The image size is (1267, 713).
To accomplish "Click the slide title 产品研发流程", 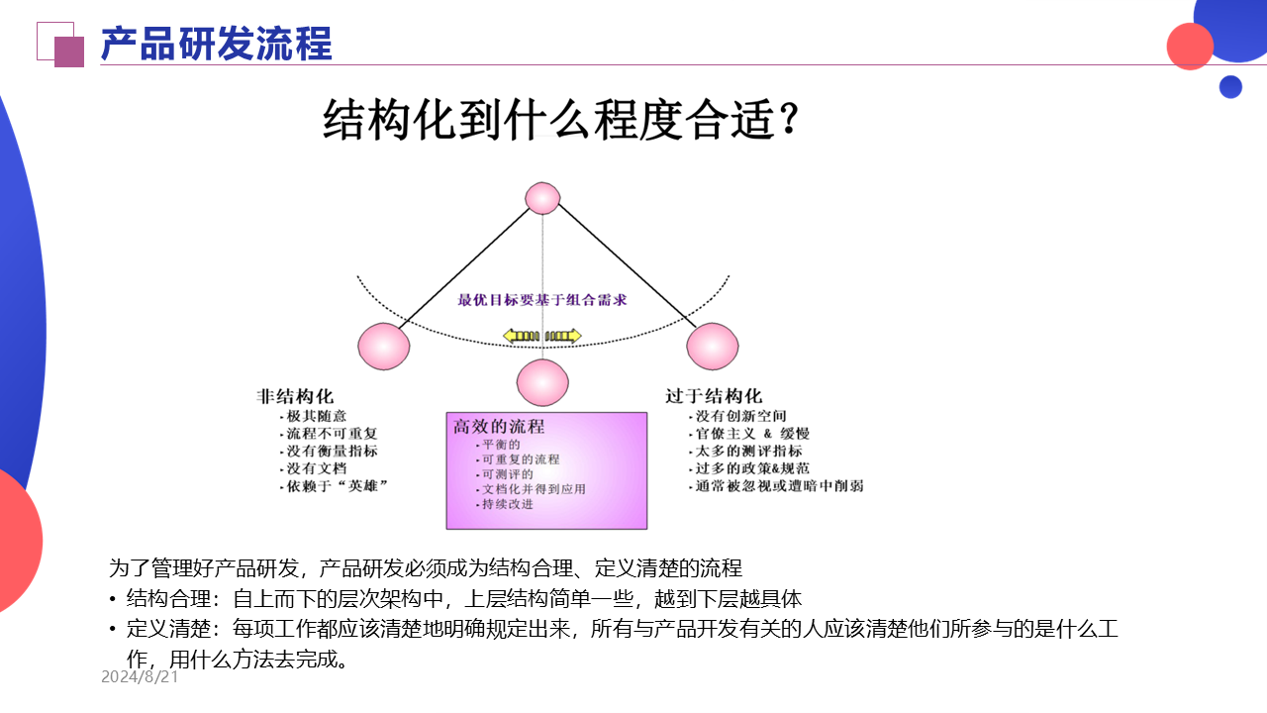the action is tap(217, 45).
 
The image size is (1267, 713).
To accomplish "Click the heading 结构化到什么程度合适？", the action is tap(560, 123).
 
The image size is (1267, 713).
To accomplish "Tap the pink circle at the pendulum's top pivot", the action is tap(542, 198).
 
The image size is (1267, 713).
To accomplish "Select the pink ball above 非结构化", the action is tap(383, 347).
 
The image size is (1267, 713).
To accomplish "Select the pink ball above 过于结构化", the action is tap(713, 347).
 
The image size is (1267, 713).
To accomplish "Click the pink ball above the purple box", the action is tap(543, 382).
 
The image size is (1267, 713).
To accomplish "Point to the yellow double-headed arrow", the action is tap(541, 336).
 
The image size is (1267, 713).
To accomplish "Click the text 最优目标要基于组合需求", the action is tap(542, 300).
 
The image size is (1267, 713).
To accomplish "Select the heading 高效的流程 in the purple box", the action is tap(499, 427).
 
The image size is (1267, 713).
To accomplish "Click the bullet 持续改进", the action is tap(507, 504).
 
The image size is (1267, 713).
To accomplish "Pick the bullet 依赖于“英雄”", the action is tap(337, 486).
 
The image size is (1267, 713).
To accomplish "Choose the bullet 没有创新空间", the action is tap(740, 416).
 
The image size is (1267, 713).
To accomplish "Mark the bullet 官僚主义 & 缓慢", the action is tap(752, 434).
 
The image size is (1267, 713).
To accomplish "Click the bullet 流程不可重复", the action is tap(332, 434).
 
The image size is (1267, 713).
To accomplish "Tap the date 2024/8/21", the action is tap(140, 677).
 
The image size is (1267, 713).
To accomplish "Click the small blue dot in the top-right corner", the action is tap(1230, 87).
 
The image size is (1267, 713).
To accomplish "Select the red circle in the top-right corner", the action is tap(1190, 46).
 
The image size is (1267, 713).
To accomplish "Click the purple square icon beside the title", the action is tap(68, 51).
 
